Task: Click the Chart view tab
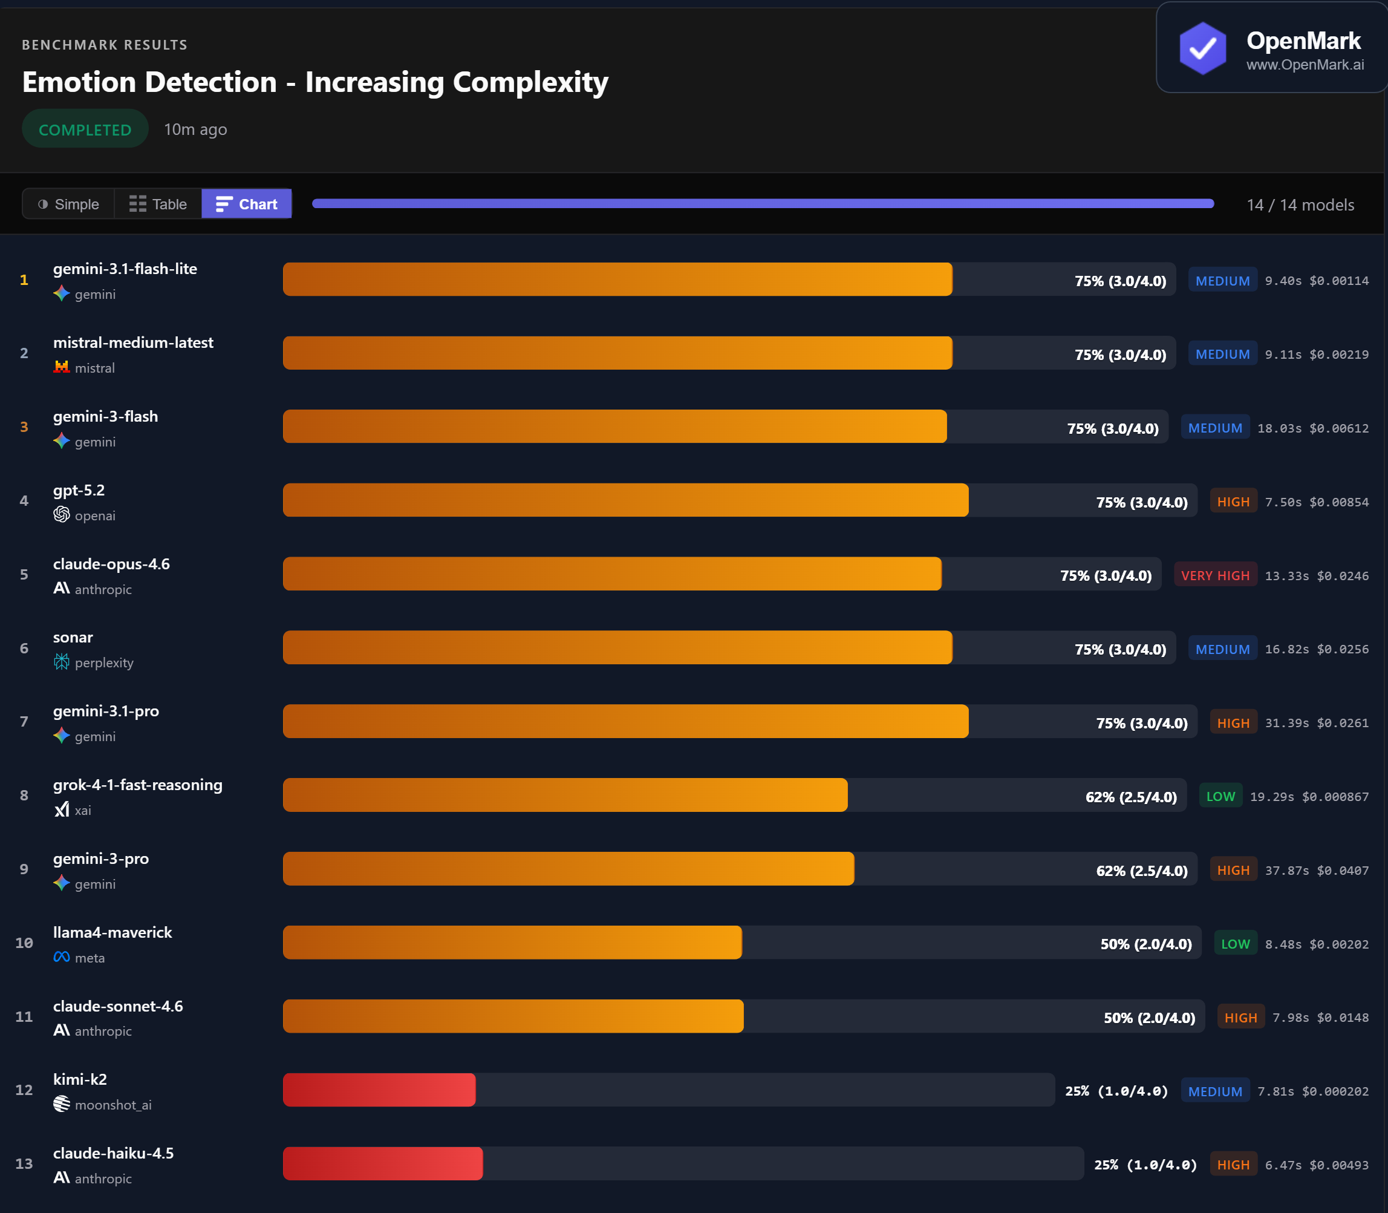tap(246, 204)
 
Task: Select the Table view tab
tap(158, 204)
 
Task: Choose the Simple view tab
tap(68, 204)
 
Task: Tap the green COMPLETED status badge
tap(85, 129)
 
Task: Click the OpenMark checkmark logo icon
tap(1202, 48)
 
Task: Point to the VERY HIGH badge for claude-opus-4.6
tap(1215, 575)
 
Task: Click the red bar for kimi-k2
tap(379, 1090)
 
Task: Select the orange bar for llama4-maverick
tap(512, 942)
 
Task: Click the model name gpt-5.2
tap(79, 490)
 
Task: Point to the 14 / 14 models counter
tap(1300, 205)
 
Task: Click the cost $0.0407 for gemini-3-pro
tap(1342, 871)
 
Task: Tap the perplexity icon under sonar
tap(62, 662)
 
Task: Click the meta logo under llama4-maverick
tap(62, 957)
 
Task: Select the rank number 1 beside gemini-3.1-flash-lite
tap(24, 280)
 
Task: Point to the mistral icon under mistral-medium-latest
tap(62, 367)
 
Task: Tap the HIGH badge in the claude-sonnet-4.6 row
tap(1240, 1018)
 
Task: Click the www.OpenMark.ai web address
tap(1305, 65)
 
